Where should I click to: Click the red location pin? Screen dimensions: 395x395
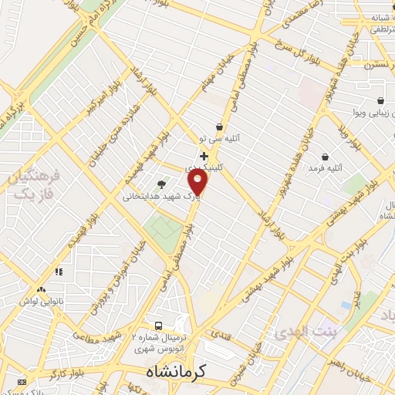pyautogui.click(x=198, y=182)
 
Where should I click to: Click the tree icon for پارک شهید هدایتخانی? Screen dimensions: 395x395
pyautogui.click(x=161, y=184)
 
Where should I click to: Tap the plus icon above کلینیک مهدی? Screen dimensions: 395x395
pyautogui.click(x=204, y=157)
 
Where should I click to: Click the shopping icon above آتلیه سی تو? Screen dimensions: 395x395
pyautogui.click(x=220, y=127)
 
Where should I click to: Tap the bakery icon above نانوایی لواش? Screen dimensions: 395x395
pyautogui.click(x=58, y=272)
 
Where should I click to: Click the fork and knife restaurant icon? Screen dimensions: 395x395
pyautogui.click(x=21, y=382)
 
